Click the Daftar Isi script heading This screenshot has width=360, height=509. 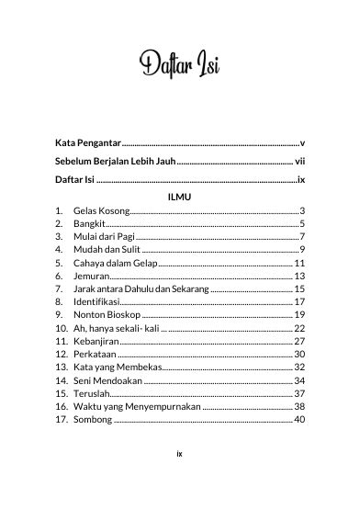click(x=180, y=66)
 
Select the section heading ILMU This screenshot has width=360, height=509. click(x=180, y=197)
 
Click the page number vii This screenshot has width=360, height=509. click(x=299, y=162)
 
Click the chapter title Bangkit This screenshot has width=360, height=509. click(x=89, y=223)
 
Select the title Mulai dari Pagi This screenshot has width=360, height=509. click(x=104, y=236)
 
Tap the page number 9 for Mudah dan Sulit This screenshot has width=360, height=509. click(x=301, y=249)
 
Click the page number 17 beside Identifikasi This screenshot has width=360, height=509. click(x=299, y=301)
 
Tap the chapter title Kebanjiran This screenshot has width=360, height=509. click(x=97, y=341)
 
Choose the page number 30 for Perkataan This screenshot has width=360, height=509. click(x=299, y=354)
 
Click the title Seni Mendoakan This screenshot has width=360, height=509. click(x=107, y=379)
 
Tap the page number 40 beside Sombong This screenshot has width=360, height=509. click(x=299, y=419)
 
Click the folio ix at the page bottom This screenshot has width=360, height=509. click(x=180, y=479)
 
